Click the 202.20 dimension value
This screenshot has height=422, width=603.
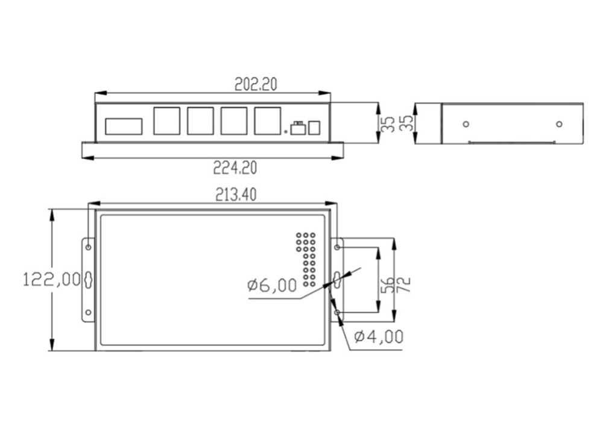(256, 85)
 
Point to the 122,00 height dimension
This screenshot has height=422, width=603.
(52, 279)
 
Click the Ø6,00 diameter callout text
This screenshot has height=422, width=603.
(272, 285)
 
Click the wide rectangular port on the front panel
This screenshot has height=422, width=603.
(124, 126)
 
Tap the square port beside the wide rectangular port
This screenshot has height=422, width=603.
(166, 121)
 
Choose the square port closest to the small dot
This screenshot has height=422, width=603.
(268, 121)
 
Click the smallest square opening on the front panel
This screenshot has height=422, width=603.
(314, 128)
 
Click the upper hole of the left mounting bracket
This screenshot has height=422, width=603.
(88, 247)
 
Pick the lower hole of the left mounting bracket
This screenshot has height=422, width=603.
(88, 312)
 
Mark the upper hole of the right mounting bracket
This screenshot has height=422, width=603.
(337, 247)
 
